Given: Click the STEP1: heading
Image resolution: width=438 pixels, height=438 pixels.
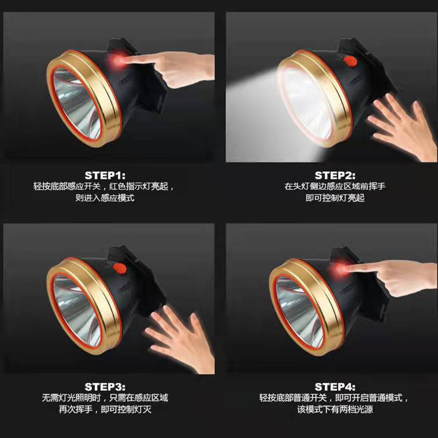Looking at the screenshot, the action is pos(105,175).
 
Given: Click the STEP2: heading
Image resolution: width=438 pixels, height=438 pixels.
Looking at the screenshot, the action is pos(335,175).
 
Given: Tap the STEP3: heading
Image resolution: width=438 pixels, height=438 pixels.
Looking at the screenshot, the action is pos(105,387).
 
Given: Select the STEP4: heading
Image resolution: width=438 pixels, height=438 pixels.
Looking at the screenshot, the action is pos(335,387).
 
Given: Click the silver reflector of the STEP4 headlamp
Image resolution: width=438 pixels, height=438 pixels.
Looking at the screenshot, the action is pos(299,312).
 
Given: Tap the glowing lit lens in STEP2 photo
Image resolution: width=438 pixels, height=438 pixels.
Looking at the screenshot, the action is pos(307,103).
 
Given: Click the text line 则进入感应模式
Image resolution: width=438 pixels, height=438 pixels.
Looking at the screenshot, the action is pos(105,198).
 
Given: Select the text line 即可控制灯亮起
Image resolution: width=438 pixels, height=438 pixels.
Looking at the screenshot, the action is pos(335,198).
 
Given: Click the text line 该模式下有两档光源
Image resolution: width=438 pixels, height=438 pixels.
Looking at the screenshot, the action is pos(335,409).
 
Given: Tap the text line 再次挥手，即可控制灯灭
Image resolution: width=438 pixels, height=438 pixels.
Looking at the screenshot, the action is pos(105,409).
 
